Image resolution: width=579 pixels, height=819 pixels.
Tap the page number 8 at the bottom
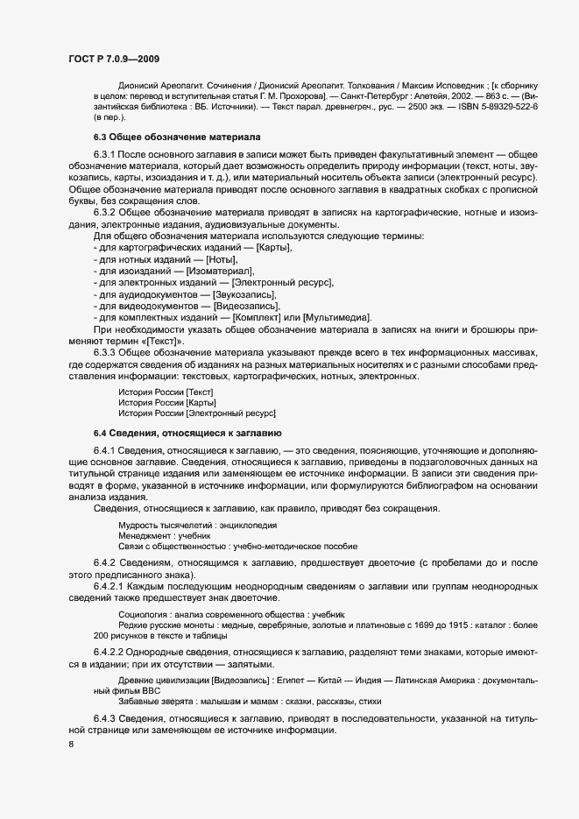tap(71, 745)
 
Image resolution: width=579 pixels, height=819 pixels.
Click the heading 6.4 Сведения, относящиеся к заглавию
tap(187, 433)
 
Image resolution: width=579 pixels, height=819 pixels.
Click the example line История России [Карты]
tap(161, 401)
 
